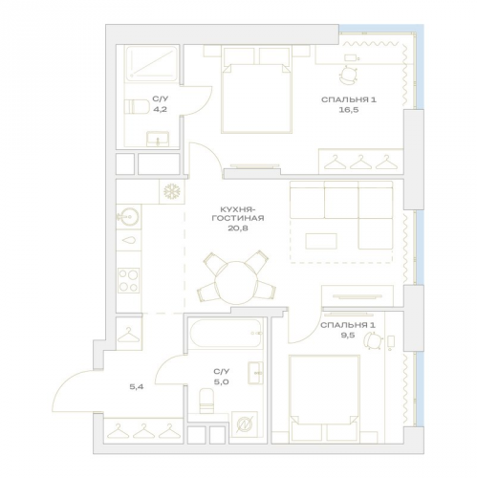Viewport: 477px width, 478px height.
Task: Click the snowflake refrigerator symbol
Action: pos(172,191)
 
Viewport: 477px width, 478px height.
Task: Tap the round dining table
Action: pos(236,283)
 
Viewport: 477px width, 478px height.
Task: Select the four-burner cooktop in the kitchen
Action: pos(128,280)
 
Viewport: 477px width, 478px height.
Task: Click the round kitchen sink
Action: pos(129,217)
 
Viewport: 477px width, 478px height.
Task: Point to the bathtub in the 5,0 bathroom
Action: pos(226,333)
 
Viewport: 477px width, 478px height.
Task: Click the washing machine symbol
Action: pos(245,425)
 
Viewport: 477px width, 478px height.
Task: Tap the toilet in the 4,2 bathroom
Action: pos(137,107)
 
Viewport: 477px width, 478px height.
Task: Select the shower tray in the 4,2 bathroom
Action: pos(152,63)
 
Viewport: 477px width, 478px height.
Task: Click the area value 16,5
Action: pos(349,110)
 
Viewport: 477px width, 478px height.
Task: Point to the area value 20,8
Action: pos(238,228)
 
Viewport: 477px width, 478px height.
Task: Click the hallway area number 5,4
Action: pos(137,387)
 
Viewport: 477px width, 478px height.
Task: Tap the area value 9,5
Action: pos(347,336)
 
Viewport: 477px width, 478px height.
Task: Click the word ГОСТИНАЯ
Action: pos(238,218)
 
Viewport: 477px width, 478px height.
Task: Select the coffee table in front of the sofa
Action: pos(321,241)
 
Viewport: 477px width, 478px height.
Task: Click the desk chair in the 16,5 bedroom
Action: pos(348,76)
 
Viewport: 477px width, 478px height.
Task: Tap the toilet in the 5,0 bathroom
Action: pos(206,401)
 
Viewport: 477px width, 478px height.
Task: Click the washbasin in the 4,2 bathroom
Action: pos(158,140)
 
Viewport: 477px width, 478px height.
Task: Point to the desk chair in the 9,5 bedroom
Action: pos(373,341)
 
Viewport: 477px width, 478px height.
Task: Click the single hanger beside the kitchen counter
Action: pos(129,335)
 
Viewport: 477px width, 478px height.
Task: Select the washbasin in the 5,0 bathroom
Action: pos(255,373)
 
